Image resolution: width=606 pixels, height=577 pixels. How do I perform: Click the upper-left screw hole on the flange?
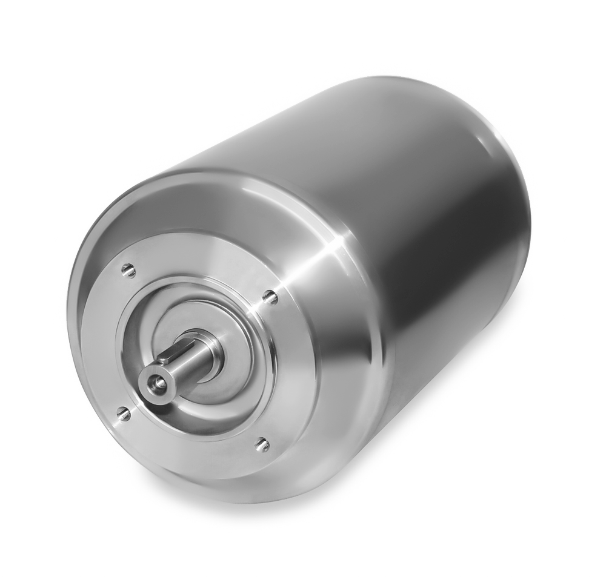point(128,270)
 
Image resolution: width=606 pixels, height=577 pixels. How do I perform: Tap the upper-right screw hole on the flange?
point(270,297)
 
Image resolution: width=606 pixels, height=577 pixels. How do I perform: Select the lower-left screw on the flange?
point(124,414)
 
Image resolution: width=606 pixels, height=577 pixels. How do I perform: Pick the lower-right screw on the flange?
point(262,444)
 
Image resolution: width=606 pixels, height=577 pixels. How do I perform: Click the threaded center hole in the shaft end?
point(158,382)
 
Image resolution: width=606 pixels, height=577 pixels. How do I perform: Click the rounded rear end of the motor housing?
point(515,200)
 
